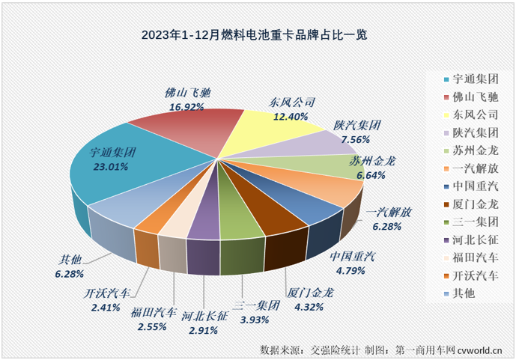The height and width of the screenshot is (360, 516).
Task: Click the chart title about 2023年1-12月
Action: coord(258,34)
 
